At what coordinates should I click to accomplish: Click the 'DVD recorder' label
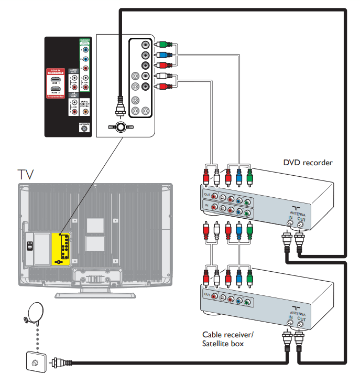tap(308, 163)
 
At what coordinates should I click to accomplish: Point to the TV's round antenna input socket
tap(121, 127)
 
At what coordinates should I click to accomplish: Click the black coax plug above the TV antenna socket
tap(120, 105)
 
